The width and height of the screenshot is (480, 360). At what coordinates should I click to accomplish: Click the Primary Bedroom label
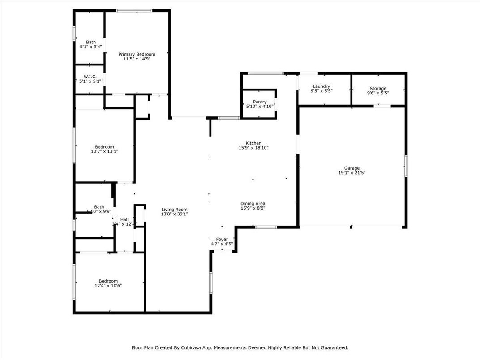pyautogui.click(x=137, y=54)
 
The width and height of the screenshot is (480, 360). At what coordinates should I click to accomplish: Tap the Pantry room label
pyautogui.click(x=260, y=102)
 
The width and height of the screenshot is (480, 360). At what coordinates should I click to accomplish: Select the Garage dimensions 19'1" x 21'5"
pyautogui.click(x=352, y=173)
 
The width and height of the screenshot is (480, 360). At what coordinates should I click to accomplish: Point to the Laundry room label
pyautogui.click(x=321, y=86)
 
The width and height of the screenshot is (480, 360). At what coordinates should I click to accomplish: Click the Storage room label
pyautogui.click(x=378, y=89)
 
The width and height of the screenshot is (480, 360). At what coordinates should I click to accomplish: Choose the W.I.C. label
pyautogui.click(x=90, y=77)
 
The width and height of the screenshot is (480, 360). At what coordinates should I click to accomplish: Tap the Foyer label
pyautogui.click(x=222, y=240)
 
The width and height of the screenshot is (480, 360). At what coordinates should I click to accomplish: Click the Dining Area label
pyautogui.click(x=253, y=203)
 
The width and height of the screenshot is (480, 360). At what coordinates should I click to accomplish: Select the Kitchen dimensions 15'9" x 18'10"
pyautogui.click(x=253, y=148)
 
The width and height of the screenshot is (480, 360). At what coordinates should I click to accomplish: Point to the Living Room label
pyautogui.click(x=175, y=210)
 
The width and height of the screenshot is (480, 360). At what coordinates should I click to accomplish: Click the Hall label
pyautogui.click(x=124, y=219)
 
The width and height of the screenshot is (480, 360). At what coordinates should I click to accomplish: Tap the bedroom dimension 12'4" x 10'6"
pyautogui.click(x=108, y=286)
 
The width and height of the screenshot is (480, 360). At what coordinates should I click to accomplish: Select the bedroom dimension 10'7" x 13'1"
pyautogui.click(x=104, y=151)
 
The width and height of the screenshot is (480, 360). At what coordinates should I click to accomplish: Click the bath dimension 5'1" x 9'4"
pyautogui.click(x=91, y=47)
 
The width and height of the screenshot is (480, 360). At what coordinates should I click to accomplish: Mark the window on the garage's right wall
pyautogui.click(x=406, y=166)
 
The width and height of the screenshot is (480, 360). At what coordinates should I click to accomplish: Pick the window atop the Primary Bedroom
pyautogui.click(x=134, y=10)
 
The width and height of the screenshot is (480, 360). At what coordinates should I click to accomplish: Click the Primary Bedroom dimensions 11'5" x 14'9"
pyautogui.click(x=137, y=59)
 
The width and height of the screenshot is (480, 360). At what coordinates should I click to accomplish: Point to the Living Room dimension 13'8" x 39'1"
pyautogui.click(x=175, y=214)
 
